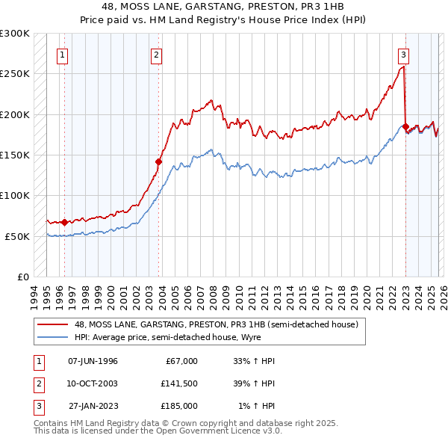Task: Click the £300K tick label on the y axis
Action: tap(15, 34)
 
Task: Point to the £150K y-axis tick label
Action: tap(15, 155)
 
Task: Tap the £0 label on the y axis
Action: tap(22, 277)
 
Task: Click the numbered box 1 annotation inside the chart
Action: tap(63, 54)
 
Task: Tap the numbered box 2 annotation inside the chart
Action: tap(156, 54)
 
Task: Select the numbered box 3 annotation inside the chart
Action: tap(403, 54)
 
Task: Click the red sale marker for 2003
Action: tap(159, 161)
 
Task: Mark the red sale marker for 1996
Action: tap(65, 222)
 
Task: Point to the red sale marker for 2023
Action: tap(405, 126)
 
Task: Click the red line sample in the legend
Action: tap(53, 324)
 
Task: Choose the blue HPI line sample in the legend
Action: tap(53, 337)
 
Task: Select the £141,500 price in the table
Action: tap(179, 383)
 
